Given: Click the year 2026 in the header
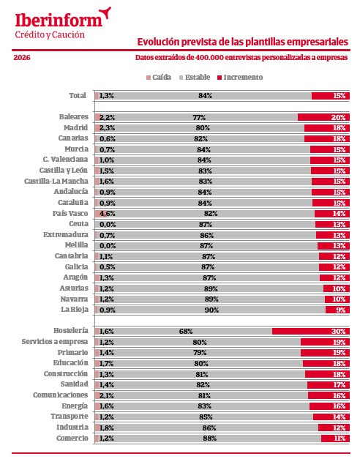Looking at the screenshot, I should [22, 57].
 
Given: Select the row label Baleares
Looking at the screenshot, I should [73, 117].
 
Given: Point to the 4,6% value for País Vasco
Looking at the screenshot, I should [107, 213].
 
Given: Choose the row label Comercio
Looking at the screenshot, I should [72, 438].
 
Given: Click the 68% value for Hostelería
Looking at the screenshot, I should [186, 331].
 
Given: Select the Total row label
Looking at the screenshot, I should [77, 95].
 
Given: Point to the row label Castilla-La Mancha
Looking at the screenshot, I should [56, 181].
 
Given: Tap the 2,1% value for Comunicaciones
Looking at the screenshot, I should [107, 395].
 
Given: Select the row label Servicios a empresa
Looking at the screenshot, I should [55, 342].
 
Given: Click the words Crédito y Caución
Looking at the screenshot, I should [49, 34].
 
